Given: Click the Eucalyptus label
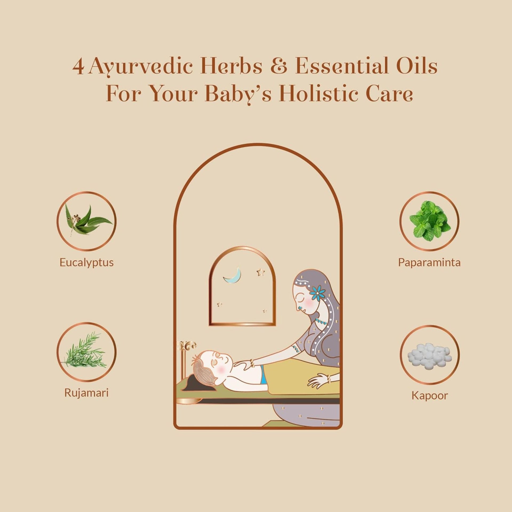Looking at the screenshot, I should pos(86,263).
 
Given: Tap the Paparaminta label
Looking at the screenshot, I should pos(429,263).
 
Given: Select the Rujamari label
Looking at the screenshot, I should pos(86,393).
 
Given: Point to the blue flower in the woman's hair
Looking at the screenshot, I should pos(318,292).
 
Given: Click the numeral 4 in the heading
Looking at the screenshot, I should pos(78,67).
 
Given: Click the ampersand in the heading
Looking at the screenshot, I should pos(279,67).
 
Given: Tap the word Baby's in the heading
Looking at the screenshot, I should pos(238,94).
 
